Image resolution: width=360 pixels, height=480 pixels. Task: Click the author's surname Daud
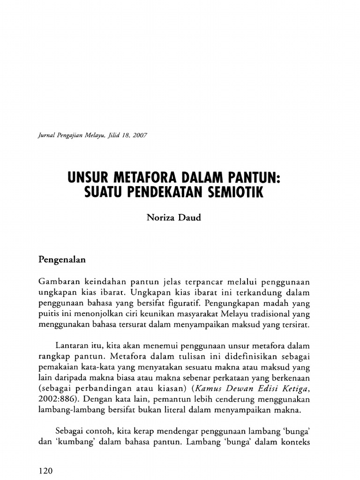tap(190, 218)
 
